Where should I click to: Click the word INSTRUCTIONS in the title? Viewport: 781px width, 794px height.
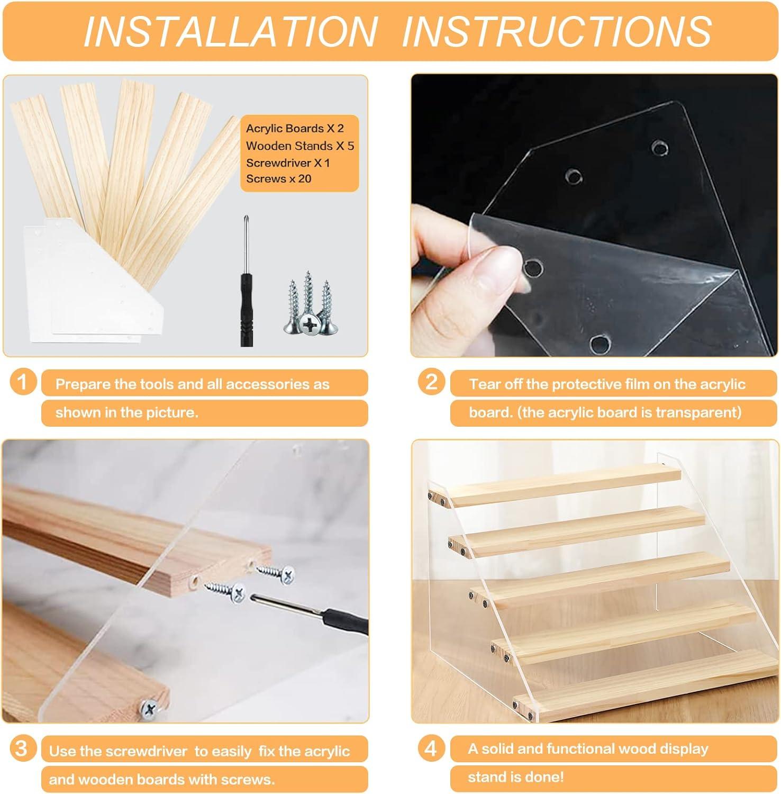[x=557, y=31]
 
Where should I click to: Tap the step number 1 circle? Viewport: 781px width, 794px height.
[x=23, y=382]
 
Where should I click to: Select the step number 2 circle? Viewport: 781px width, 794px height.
[x=432, y=382]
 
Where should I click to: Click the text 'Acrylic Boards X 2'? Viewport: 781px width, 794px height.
[x=295, y=129]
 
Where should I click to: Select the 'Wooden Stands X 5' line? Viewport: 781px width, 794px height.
[x=299, y=146]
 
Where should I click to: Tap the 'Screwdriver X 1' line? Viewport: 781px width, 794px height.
[x=288, y=163]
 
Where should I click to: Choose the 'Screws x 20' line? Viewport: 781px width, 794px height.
[x=278, y=179]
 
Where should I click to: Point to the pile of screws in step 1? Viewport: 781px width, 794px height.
[x=308, y=304]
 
